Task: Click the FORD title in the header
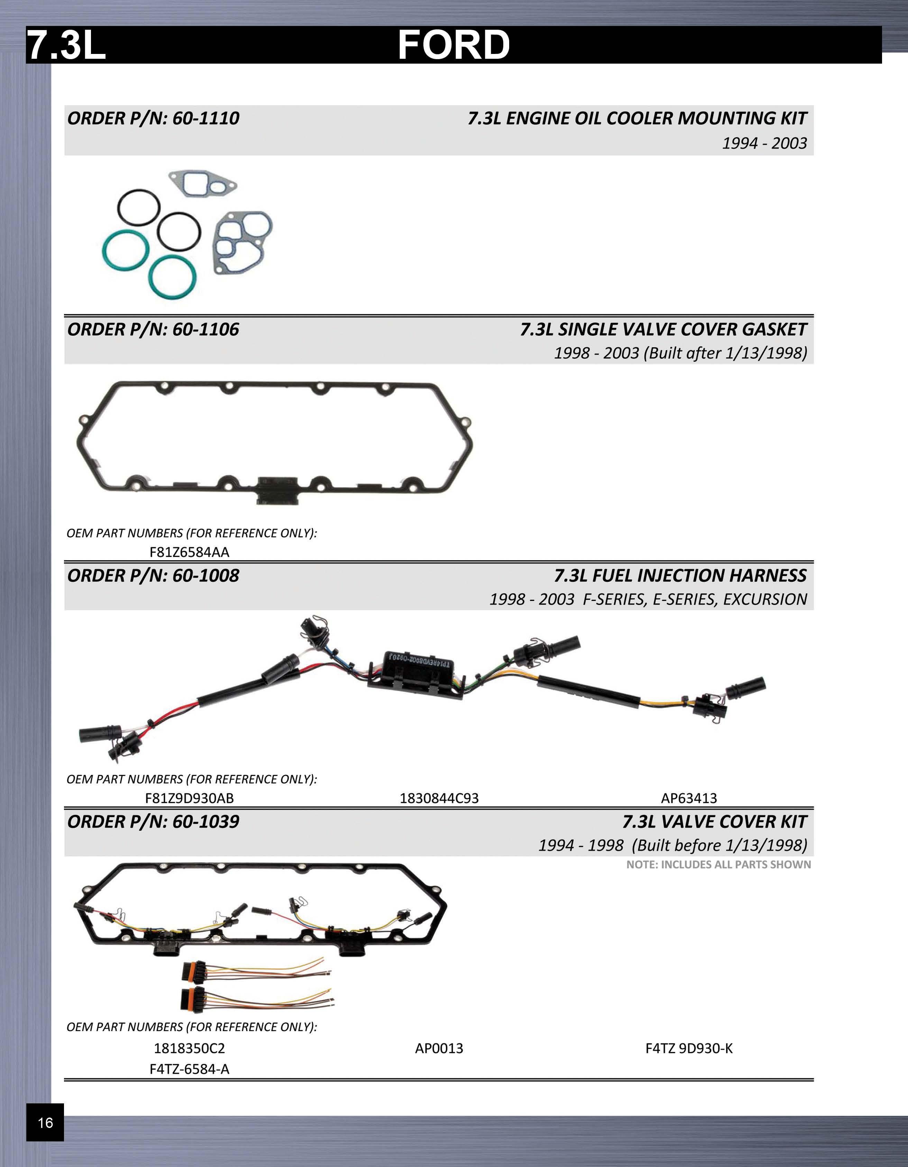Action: click(x=454, y=45)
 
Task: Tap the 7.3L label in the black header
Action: click(x=66, y=45)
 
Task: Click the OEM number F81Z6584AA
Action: click(x=189, y=552)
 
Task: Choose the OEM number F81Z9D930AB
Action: click(x=189, y=798)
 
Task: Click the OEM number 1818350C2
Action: click(x=189, y=1048)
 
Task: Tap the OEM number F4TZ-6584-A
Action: click(x=189, y=1069)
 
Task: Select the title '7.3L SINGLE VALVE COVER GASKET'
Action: click(x=663, y=329)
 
